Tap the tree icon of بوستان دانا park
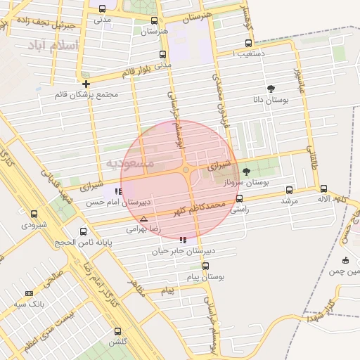(x=271, y=88)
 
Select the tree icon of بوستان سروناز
(x=245, y=172)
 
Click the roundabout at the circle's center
(x=185, y=169)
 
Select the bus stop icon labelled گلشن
(x=117, y=330)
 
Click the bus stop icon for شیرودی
(x=34, y=213)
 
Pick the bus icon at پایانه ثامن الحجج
(x=84, y=231)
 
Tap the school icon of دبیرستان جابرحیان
(x=184, y=240)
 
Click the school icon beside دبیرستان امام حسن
(x=117, y=191)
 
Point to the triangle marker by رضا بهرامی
(x=144, y=219)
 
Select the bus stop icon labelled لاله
(x=323, y=188)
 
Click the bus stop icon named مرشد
(x=290, y=190)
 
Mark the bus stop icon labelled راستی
(x=240, y=199)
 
